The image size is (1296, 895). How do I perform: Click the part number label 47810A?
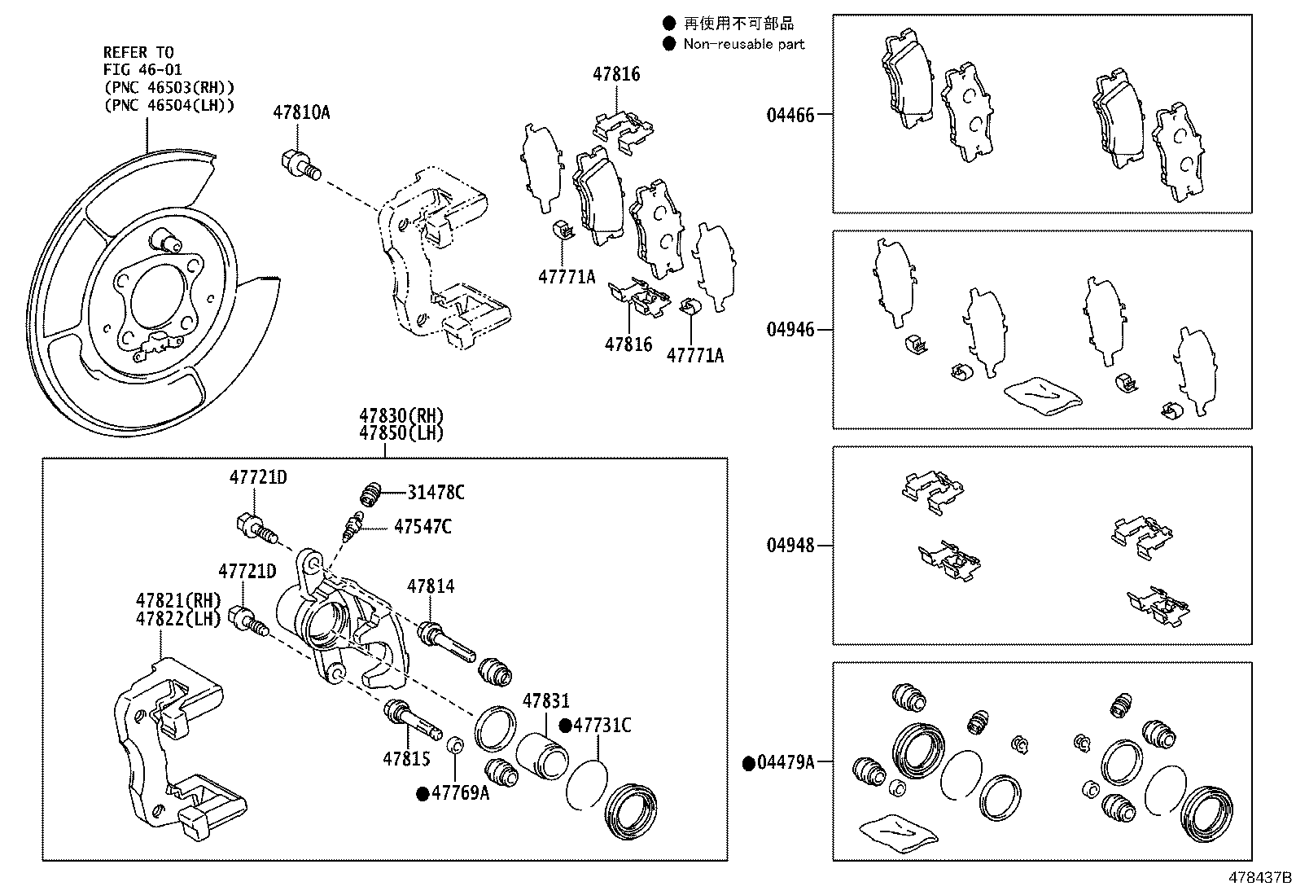point(301,112)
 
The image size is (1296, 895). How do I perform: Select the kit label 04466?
point(790,115)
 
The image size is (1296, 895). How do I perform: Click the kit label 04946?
point(790,330)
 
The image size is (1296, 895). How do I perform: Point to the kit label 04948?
point(790,545)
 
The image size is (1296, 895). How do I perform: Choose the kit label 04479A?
point(785,762)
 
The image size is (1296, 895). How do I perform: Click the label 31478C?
point(436,492)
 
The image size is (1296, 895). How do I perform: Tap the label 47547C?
point(422,527)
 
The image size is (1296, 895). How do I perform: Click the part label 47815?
point(406,759)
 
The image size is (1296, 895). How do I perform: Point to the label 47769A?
point(460,793)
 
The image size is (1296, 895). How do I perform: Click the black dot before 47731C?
point(565,725)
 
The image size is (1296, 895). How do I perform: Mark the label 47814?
point(431,586)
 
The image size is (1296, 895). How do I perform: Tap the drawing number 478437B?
point(1259,878)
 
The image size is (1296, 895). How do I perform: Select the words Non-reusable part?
point(743,44)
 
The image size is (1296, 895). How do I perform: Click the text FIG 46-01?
point(142,70)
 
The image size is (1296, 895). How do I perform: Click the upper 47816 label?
point(616,74)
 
